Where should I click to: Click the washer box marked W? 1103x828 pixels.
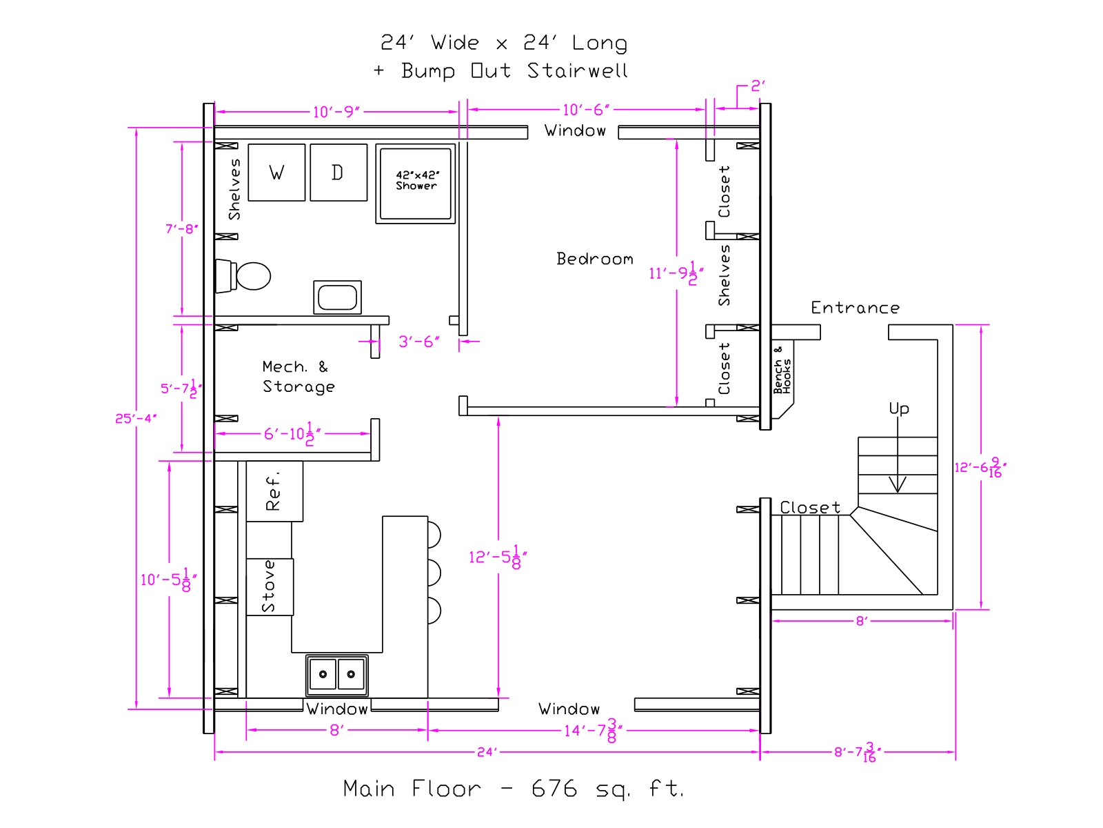(276, 172)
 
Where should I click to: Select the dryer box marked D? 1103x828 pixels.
(338, 172)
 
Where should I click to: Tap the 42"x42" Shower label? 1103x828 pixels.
(416, 181)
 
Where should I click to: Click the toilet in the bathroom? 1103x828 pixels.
(243, 275)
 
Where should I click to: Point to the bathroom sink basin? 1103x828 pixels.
(337, 297)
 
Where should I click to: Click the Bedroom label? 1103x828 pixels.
(594, 259)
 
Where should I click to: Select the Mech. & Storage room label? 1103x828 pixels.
(298, 377)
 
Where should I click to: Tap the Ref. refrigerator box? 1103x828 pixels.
(274, 491)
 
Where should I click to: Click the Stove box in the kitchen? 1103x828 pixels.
(270, 586)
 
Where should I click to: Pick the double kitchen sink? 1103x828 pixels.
(336, 675)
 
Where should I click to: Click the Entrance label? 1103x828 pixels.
(856, 308)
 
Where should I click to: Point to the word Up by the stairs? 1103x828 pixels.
(899, 408)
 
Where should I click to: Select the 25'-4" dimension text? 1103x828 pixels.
(136, 418)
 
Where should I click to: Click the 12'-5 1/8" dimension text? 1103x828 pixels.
(498, 557)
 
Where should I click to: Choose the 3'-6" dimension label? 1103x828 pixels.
(419, 342)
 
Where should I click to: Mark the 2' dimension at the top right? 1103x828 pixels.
(758, 86)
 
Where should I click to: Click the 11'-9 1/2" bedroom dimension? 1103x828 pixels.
(676, 273)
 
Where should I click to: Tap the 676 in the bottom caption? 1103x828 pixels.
(554, 789)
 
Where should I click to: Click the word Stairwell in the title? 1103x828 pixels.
(578, 70)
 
